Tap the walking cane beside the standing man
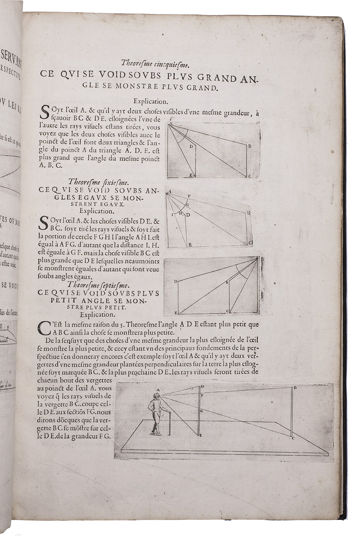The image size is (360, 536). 168,424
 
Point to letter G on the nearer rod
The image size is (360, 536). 202,410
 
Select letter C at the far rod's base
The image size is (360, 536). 293,438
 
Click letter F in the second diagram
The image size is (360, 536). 189,196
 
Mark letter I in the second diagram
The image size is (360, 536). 172,214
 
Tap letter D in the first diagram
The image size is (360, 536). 191,146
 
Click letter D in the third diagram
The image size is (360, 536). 176,281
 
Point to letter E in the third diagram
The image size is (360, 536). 176,313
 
